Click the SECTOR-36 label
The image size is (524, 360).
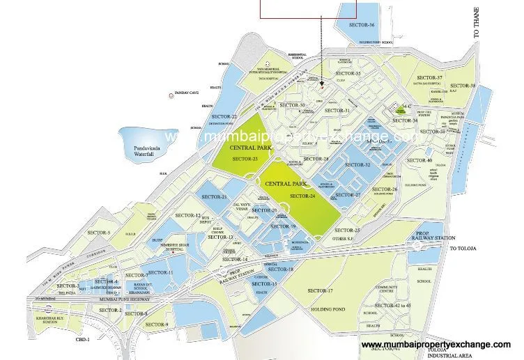pos(362,26)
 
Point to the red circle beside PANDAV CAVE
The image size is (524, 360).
pos(170,94)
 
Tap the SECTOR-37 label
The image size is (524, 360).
pos(429,77)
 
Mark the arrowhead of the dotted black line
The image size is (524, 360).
pos(323,84)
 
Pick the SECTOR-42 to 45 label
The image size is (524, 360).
pos(395,306)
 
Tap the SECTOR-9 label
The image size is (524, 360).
pos(157,324)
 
